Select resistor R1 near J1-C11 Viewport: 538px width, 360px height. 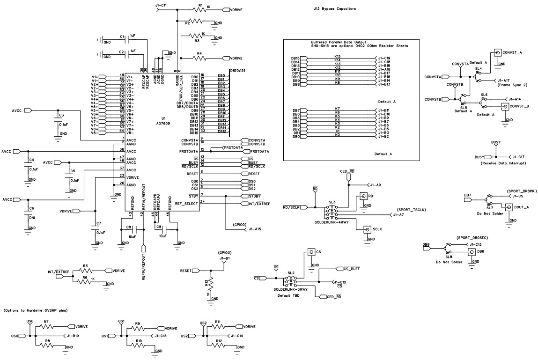(200, 9)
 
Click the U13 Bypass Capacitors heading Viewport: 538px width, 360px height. (334, 8)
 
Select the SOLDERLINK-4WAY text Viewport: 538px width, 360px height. (333, 221)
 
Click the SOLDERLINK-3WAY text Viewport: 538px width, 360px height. (290, 290)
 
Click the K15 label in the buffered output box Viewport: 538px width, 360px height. (337, 57)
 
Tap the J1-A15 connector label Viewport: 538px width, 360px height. (255, 229)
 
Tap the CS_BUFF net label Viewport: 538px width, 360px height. (351, 269)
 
